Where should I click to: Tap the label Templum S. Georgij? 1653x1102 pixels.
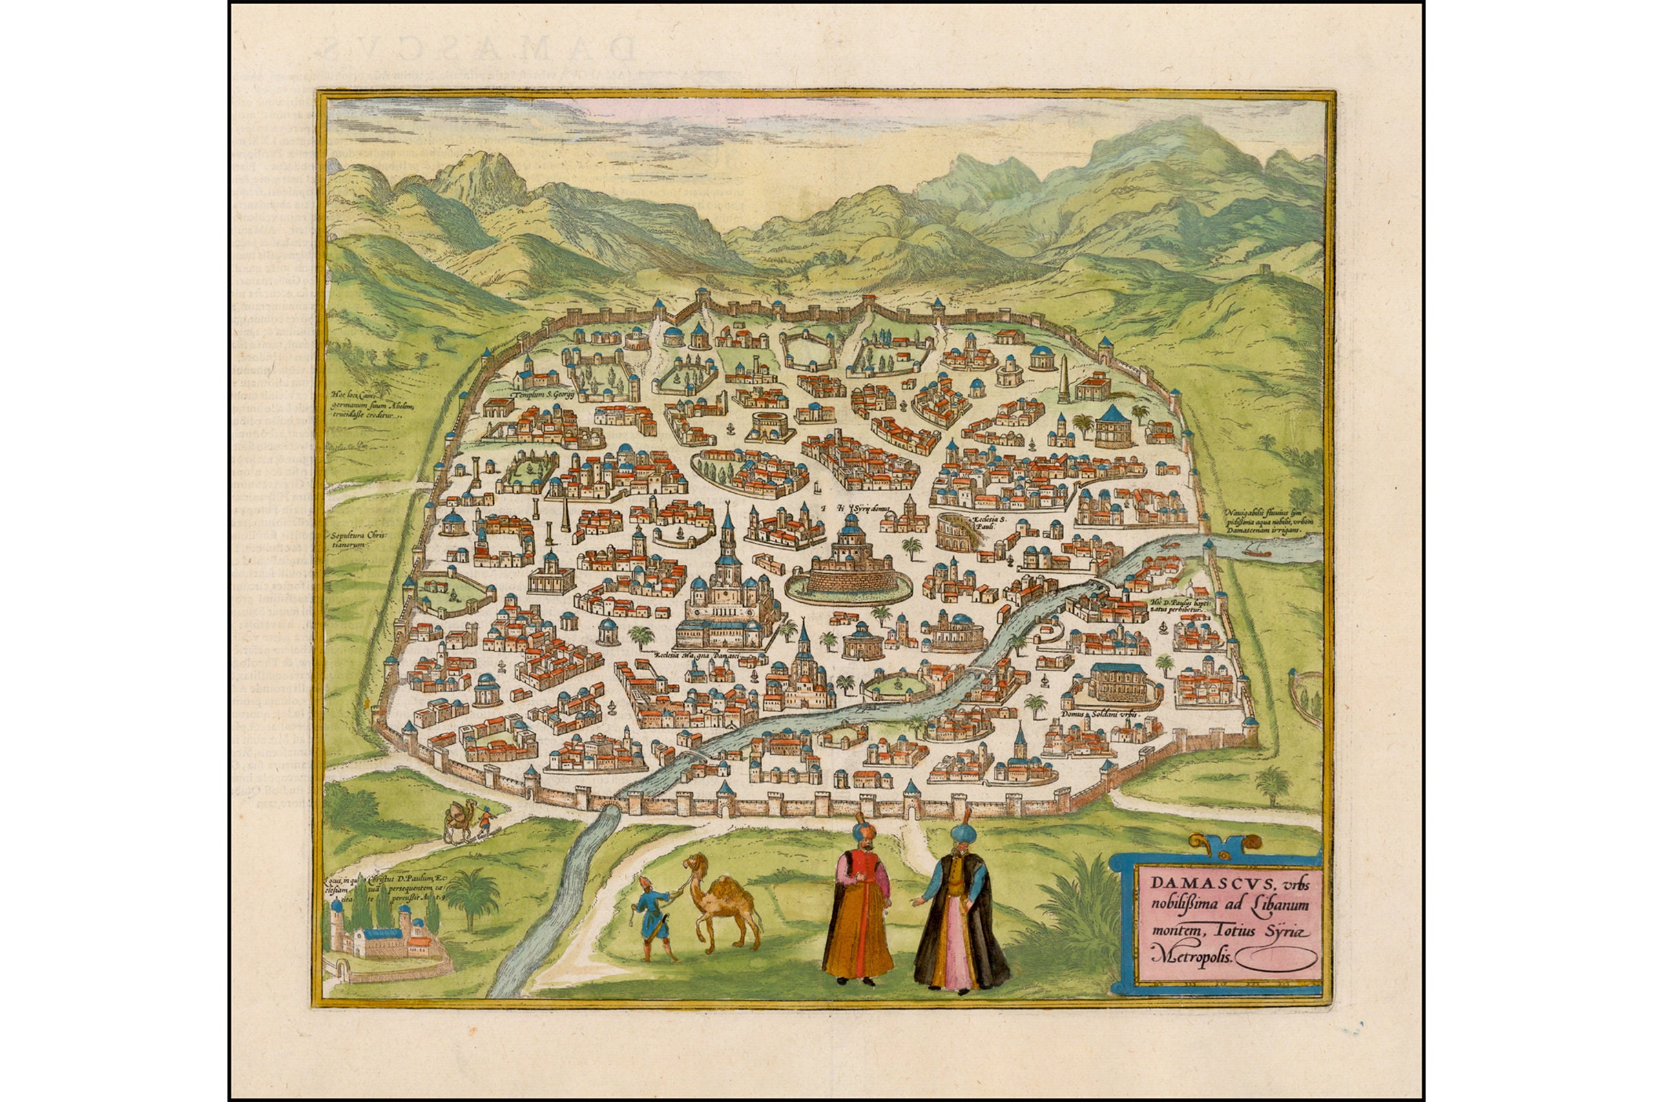point(545,395)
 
